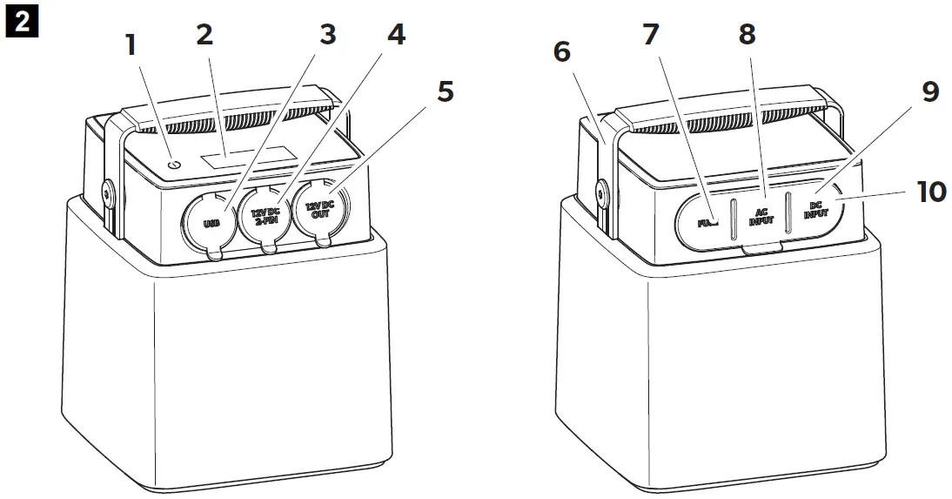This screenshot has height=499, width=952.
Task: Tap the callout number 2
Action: (x=204, y=36)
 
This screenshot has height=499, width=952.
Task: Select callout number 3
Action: (x=327, y=36)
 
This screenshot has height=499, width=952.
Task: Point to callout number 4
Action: (x=395, y=36)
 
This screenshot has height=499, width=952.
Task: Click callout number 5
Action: (x=445, y=91)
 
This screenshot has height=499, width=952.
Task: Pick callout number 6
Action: (x=563, y=53)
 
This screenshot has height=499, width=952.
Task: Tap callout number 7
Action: (x=651, y=36)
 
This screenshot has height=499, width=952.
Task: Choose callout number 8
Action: (x=746, y=36)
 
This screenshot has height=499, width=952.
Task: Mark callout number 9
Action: (x=930, y=91)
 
